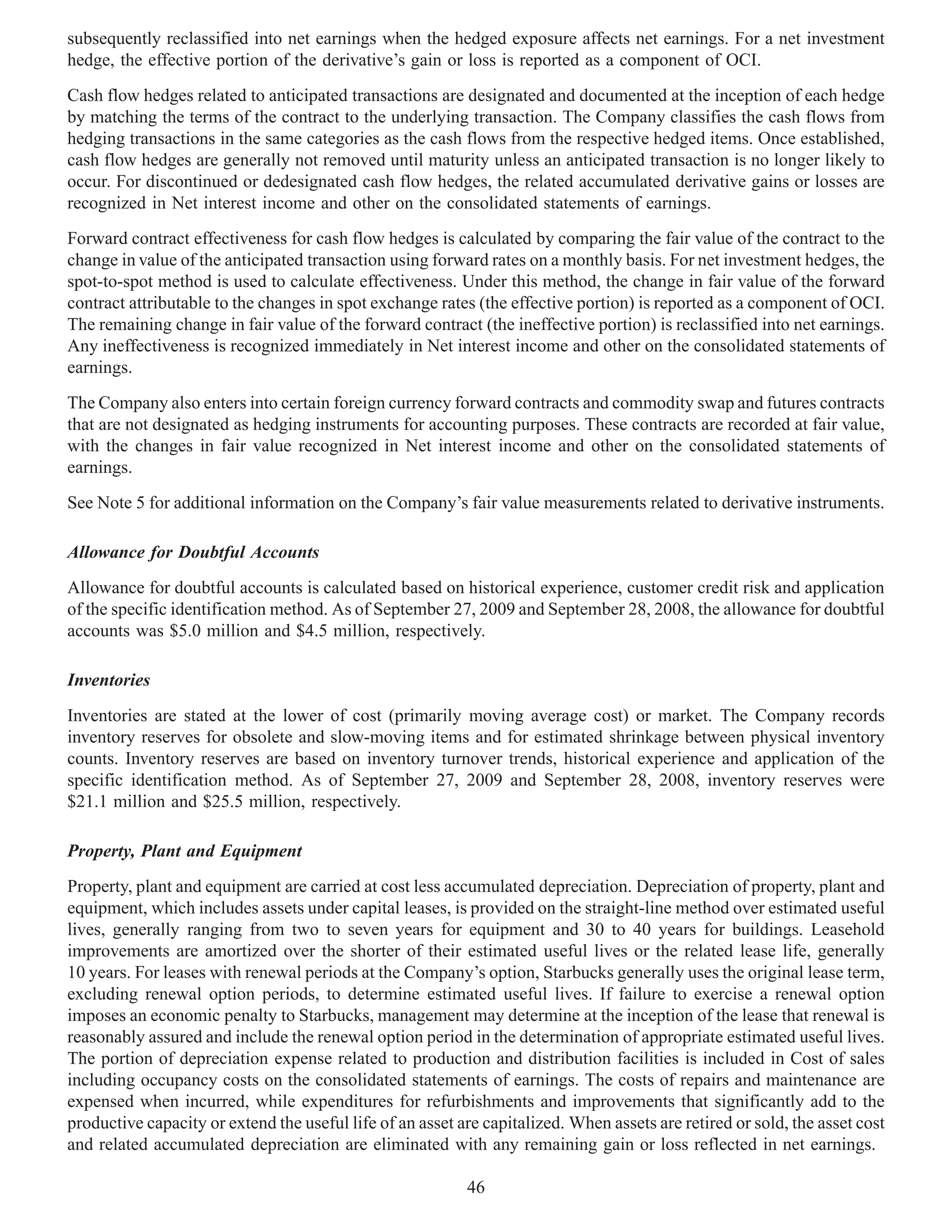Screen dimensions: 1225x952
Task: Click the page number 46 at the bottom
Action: tap(476, 1187)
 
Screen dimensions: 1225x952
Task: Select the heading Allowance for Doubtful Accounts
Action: tap(193, 553)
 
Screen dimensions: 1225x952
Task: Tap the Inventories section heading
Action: tap(109, 680)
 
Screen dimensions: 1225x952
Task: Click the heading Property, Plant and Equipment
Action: tap(185, 851)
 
